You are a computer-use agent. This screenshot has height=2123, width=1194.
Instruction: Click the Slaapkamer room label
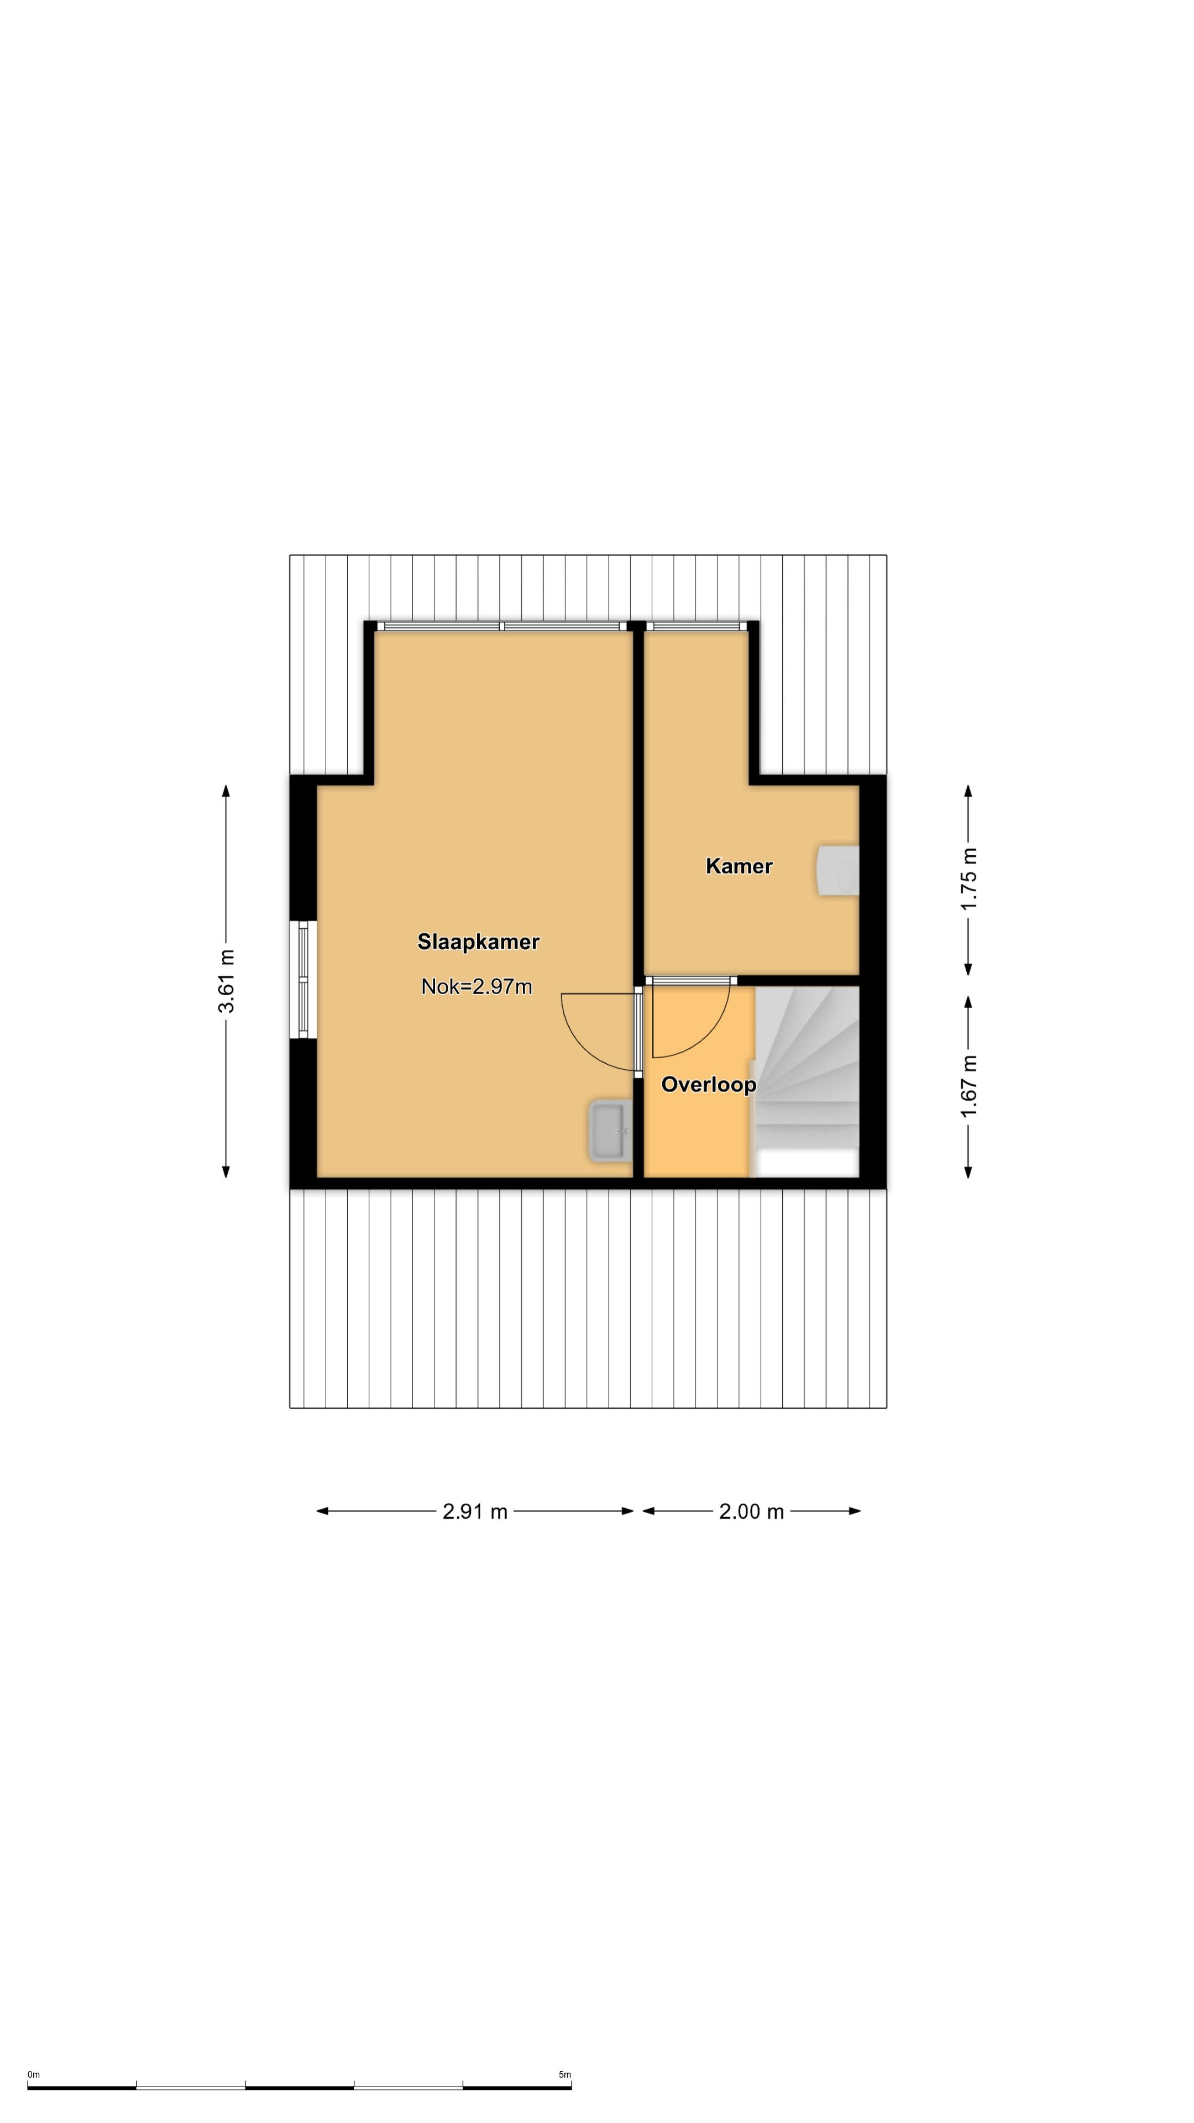(478, 942)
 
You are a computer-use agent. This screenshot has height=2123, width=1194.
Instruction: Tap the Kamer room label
(739, 866)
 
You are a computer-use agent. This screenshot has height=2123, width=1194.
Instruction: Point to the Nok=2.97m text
(476, 986)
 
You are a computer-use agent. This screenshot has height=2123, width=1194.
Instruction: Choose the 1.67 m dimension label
(968, 1086)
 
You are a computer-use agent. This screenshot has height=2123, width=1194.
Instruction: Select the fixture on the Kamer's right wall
(838, 870)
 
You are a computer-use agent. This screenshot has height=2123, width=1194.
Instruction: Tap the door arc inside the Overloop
(707, 1038)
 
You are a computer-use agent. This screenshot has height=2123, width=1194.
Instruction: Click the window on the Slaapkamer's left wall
(303, 979)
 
